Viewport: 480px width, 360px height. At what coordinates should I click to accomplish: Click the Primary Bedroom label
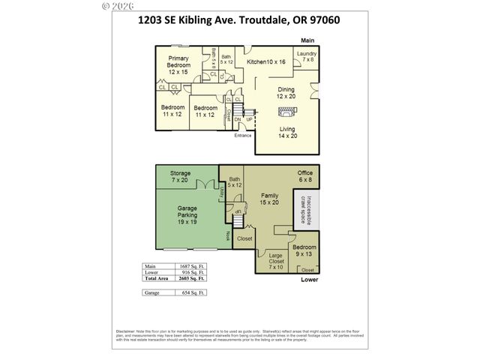[178, 65]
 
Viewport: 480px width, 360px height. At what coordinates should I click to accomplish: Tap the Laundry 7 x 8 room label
[306, 57]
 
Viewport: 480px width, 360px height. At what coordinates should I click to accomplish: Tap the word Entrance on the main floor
[242, 136]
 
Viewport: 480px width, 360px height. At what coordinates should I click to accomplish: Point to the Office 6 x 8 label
[304, 177]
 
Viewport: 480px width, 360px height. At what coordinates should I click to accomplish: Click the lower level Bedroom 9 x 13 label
[304, 251]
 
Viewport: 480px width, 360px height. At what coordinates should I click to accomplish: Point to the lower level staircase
[239, 213]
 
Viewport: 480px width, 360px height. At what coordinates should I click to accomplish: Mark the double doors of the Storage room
[204, 185]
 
